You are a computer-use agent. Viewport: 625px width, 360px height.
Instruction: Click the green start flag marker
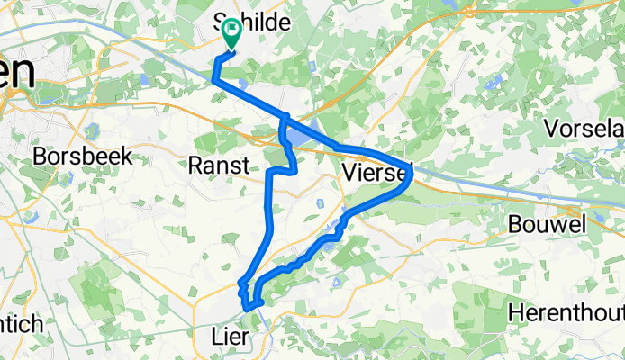coord(231,33)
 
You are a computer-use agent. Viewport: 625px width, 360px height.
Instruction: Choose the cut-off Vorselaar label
coord(584,128)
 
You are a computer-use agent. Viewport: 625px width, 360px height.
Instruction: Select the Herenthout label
coord(566,312)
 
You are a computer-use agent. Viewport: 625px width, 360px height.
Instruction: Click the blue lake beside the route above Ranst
coord(297,137)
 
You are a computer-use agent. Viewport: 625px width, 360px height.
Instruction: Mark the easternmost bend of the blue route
coord(412,169)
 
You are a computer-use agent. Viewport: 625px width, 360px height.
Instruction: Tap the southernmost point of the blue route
coord(248,308)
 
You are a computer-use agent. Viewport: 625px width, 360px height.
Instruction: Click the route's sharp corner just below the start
coord(214,80)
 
